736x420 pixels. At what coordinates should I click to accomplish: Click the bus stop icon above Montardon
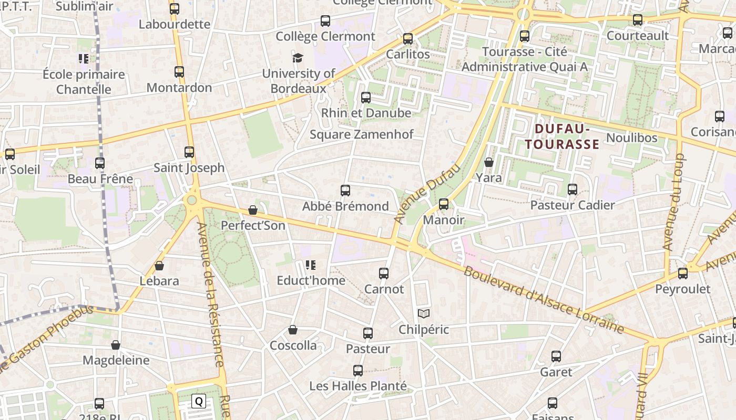179,72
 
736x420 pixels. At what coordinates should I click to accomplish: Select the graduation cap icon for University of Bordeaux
298,58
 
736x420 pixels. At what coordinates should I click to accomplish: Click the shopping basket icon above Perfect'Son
253,210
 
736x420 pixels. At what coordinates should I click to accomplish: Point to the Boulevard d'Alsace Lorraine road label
543,300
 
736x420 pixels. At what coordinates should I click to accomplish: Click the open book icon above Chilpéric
424,314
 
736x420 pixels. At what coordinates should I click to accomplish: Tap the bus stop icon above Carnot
384,274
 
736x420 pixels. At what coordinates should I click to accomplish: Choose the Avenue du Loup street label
674,202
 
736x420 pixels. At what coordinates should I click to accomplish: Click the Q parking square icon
199,402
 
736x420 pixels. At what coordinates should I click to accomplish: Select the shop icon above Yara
489,162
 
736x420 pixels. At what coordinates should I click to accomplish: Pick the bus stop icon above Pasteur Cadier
573,190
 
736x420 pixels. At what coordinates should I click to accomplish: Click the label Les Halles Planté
358,386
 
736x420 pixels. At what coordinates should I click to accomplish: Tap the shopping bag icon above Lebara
159,266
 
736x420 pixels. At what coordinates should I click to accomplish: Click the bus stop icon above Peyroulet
683,274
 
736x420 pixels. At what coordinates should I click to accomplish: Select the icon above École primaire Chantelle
84,59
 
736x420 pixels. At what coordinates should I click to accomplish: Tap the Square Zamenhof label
361,134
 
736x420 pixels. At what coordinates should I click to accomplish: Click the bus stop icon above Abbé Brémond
345,191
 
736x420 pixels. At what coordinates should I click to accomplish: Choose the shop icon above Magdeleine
116,345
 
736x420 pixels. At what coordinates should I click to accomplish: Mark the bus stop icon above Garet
556,356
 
